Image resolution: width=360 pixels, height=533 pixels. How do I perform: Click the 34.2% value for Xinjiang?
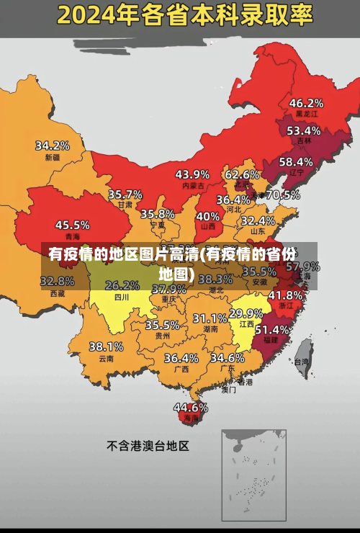click(x=53, y=145)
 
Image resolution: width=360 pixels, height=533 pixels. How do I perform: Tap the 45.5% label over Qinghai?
click(x=73, y=225)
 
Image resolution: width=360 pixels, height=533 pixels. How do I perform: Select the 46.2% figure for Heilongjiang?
click(x=306, y=102)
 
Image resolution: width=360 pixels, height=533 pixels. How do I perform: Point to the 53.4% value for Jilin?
click(x=303, y=130)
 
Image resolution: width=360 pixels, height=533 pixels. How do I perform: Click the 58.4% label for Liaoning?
click(x=296, y=161)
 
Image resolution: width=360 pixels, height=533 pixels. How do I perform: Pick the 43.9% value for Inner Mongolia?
click(x=192, y=174)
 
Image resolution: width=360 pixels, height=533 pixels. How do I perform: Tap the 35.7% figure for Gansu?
click(x=125, y=194)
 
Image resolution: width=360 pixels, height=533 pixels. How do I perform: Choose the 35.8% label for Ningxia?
click(x=158, y=213)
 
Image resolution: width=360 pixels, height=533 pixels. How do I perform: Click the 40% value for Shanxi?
click(x=208, y=215)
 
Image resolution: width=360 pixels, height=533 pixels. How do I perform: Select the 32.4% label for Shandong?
click(x=258, y=220)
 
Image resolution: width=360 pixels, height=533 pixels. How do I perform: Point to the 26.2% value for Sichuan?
click(x=122, y=285)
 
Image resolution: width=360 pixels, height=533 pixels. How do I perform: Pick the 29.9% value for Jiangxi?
click(x=246, y=313)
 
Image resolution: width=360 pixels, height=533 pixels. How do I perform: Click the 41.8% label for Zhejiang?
click(x=285, y=295)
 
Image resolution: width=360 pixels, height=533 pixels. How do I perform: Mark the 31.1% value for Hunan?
click(x=210, y=318)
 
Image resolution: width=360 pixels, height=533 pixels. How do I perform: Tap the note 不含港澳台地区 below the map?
click(x=148, y=446)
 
